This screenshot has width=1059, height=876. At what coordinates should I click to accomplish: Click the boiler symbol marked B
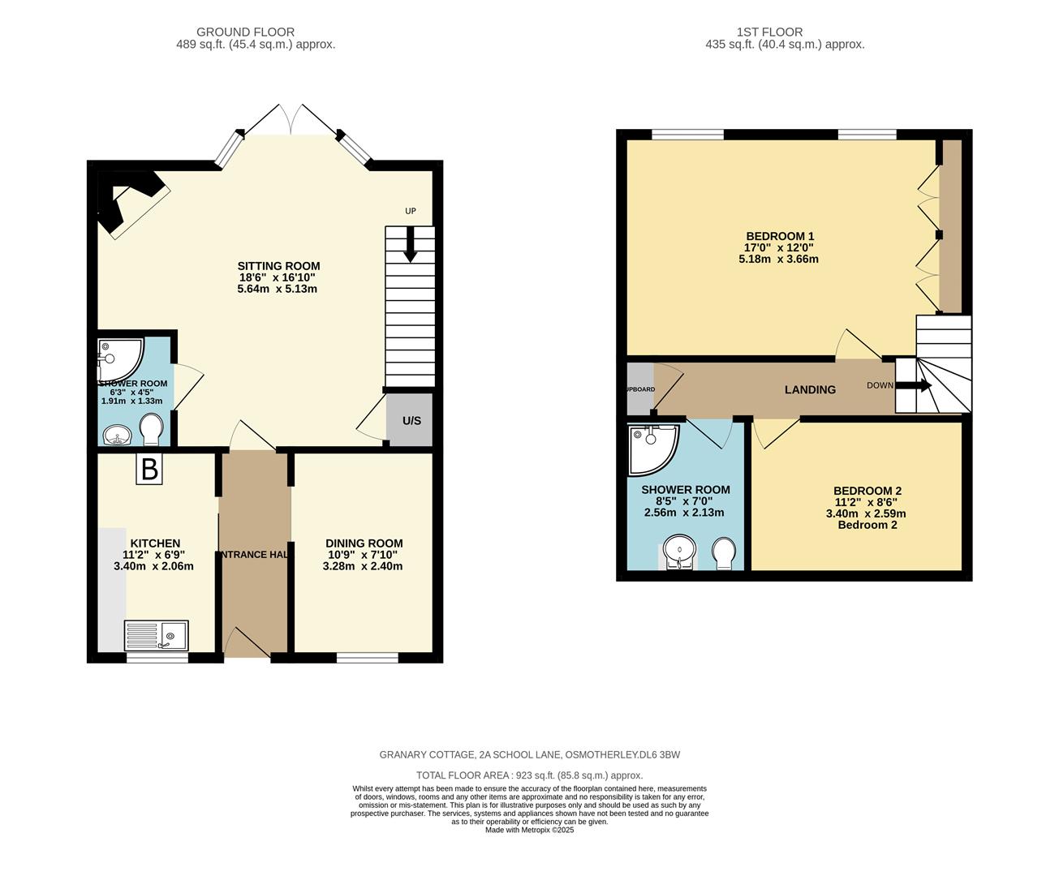(149, 469)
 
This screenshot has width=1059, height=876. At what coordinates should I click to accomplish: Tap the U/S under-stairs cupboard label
(411, 421)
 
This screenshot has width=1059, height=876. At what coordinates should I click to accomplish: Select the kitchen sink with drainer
(157, 635)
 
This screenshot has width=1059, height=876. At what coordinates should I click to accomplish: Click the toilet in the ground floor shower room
(151, 430)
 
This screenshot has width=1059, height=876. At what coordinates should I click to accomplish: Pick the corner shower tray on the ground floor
(118, 359)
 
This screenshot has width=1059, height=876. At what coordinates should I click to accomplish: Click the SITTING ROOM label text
(278, 266)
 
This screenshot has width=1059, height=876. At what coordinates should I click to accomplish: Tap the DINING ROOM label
(364, 543)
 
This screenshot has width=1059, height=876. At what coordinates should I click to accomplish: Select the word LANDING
(810, 390)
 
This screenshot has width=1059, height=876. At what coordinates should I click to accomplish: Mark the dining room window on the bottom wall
(367, 657)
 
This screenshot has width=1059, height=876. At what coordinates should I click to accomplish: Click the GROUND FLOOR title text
(256, 32)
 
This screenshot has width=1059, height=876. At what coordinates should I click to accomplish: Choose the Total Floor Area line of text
(529, 775)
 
